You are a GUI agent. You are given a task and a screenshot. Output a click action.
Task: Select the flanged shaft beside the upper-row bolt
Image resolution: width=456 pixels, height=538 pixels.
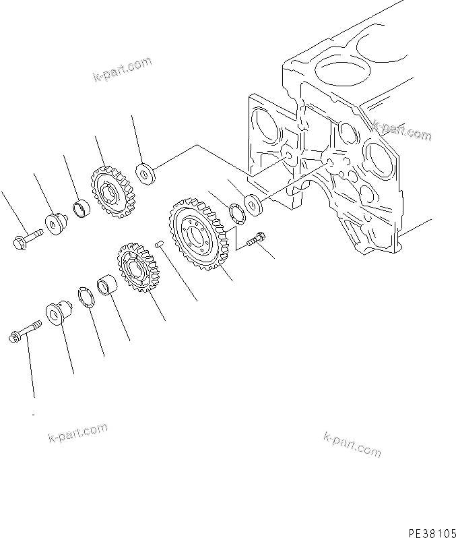[54, 221]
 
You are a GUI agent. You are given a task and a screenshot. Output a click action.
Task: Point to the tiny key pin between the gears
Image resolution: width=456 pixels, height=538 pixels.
[160, 245]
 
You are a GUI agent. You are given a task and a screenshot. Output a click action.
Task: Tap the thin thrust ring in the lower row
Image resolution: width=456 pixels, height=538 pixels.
[86, 297]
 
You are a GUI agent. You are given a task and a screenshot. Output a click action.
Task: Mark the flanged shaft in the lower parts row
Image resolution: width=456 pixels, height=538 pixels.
[57, 313]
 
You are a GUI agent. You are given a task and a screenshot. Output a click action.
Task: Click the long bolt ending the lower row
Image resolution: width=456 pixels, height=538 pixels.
[24, 331]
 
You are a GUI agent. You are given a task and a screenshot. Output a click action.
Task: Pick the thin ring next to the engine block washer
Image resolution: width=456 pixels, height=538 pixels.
[236, 212]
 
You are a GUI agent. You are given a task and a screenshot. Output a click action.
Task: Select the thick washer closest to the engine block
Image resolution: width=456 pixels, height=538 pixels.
[253, 205]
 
